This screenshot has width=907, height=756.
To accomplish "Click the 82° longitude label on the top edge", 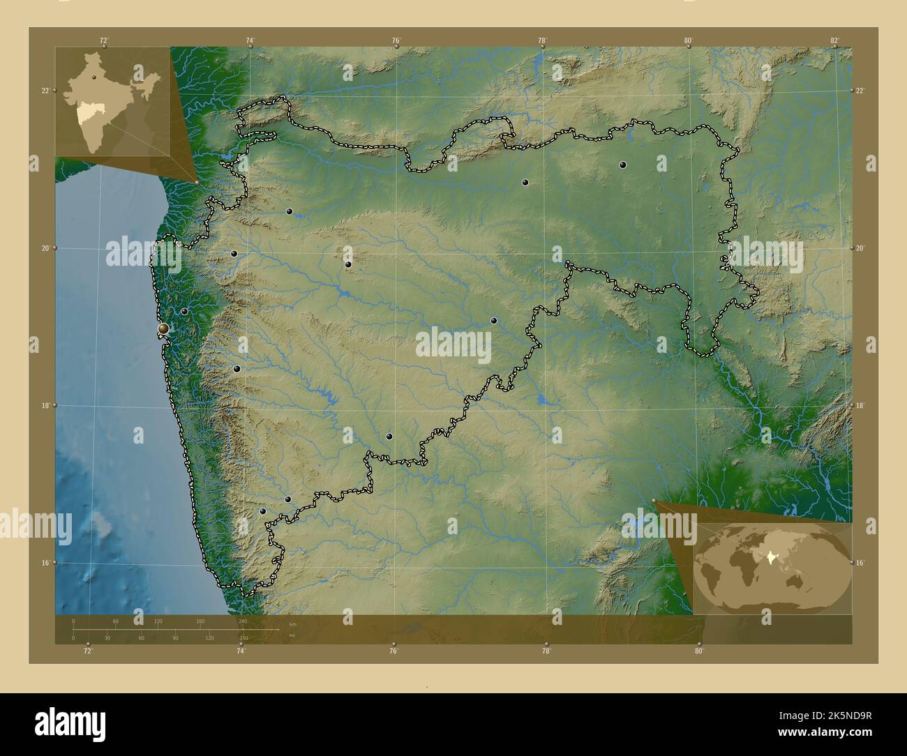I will pos(834,40).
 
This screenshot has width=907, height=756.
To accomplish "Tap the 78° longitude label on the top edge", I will pos(542,40).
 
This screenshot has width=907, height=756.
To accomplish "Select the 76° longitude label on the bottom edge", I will pos(393,651).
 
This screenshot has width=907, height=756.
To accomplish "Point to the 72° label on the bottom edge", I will pos(87,651).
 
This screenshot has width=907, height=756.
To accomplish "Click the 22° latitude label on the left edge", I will pos(45,91).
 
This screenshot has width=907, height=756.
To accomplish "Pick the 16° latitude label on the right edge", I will pos(860,562).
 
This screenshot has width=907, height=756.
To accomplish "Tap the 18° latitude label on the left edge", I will pos(45,405).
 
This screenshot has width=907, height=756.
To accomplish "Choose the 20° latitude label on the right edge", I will pos(860,248).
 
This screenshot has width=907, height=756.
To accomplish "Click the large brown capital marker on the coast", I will pos(163,328).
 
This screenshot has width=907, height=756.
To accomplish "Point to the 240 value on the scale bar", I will pos(243,621).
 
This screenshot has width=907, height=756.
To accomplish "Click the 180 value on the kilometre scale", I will pos(200,621).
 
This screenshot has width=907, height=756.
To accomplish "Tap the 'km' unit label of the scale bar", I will pos(292,624).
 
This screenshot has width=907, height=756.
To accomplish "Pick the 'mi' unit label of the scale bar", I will pos(292,635).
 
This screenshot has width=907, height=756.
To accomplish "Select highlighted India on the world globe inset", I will pos(770,557).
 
